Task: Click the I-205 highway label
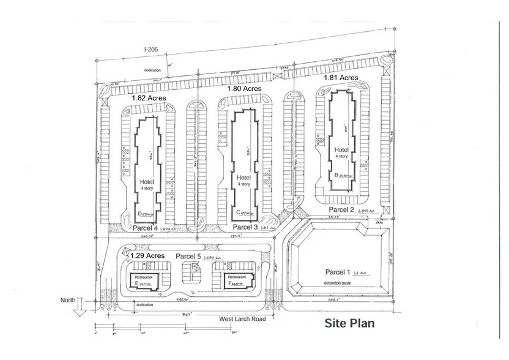(152, 49)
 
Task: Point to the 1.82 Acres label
(149, 97)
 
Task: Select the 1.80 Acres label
(244, 89)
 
